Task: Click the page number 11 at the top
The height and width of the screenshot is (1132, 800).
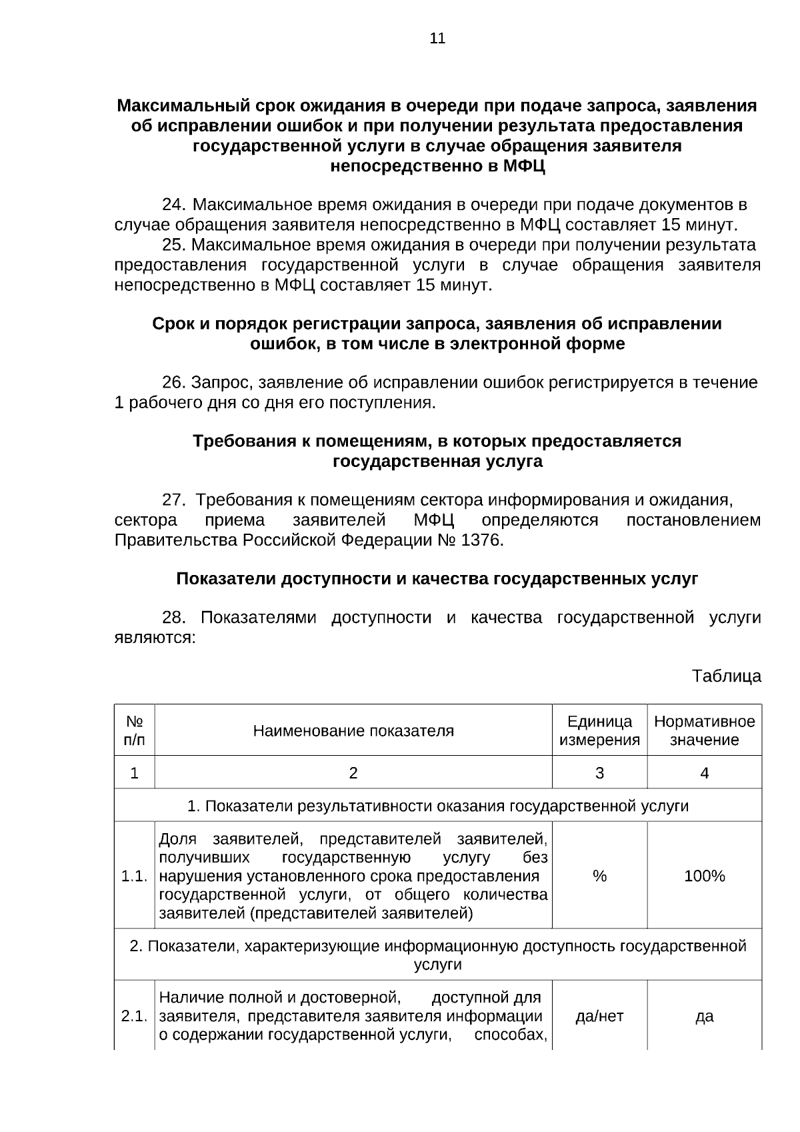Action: coord(437,39)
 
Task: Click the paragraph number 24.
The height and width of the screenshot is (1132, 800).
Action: coord(174,204)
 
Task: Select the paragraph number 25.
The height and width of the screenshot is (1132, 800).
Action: coord(174,244)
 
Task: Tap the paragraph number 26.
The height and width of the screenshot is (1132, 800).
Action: coord(174,382)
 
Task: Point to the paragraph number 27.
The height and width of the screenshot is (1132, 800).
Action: coord(174,500)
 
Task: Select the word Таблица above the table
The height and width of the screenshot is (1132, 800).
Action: coord(726,676)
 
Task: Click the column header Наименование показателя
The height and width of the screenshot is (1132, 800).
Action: coord(353,730)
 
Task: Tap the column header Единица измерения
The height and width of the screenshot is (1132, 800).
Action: coord(599,730)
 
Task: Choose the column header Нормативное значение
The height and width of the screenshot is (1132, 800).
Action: coord(704,730)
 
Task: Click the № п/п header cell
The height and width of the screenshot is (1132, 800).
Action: coord(135,730)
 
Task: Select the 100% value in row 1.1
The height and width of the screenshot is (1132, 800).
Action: coord(704,876)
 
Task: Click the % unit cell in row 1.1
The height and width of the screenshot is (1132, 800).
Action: coord(599,876)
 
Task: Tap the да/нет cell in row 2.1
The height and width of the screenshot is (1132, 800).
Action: coord(599,1016)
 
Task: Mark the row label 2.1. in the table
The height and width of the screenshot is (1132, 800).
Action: coord(134,1016)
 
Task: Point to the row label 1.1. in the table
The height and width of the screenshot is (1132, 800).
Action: coord(134,876)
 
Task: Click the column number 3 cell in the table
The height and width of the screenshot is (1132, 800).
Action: coord(599,772)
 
